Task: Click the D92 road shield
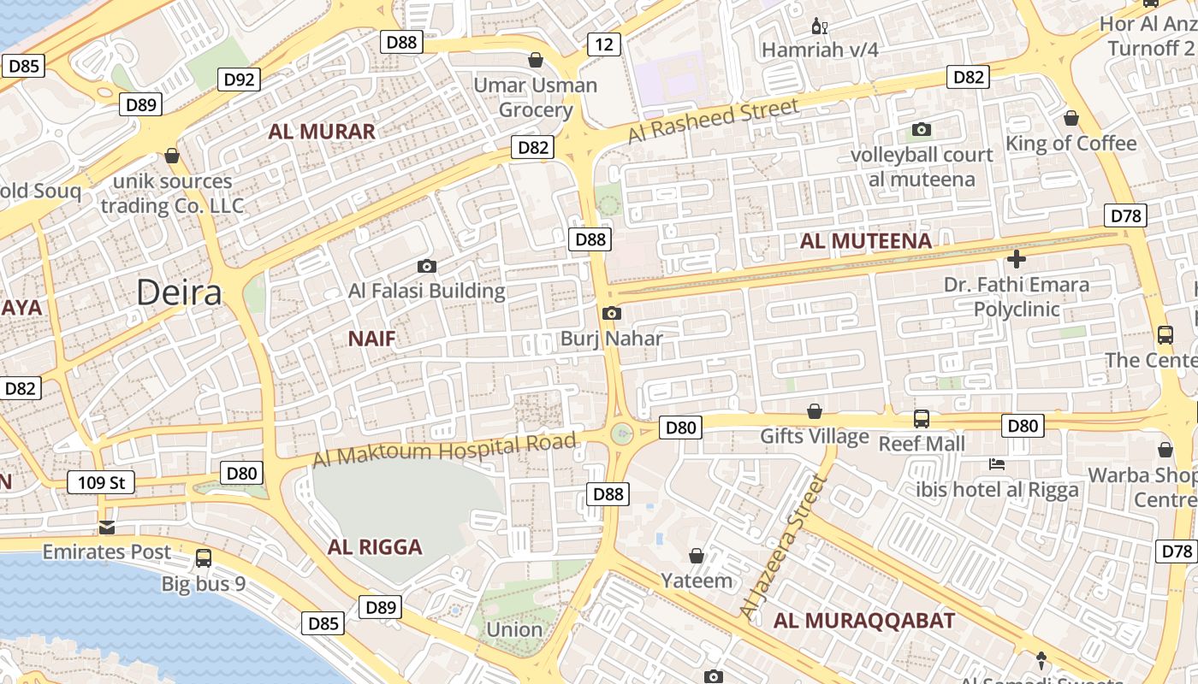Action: click(x=239, y=80)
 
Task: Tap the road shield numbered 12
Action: click(x=604, y=44)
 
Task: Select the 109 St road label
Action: click(x=101, y=483)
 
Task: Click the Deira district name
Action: click(x=180, y=292)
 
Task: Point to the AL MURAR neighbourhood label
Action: click(x=322, y=132)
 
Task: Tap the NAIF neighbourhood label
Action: click(x=372, y=339)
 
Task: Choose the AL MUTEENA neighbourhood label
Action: click(x=865, y=241)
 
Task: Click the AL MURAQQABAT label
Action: click(x=864, y=621)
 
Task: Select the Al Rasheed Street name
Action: click(x=713, y=121)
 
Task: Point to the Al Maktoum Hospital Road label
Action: click(x=444, y=450)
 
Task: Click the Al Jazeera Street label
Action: click(x=785, y=546)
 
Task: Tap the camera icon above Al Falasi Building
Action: click(x=426, y=267)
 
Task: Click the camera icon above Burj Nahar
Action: click(x=611, y=314)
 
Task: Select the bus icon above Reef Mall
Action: click(x=922, y=419)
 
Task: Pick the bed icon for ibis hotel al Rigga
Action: click(x=997, y=465)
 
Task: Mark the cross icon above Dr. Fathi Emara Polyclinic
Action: click(x=1017, y=259)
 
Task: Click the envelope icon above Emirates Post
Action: click(x=106, y=527)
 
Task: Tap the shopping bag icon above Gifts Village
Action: click(x=815, y=412)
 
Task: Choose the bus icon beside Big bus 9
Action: click(x=204, y=558)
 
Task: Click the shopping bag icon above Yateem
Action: click(x=697, y=557)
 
